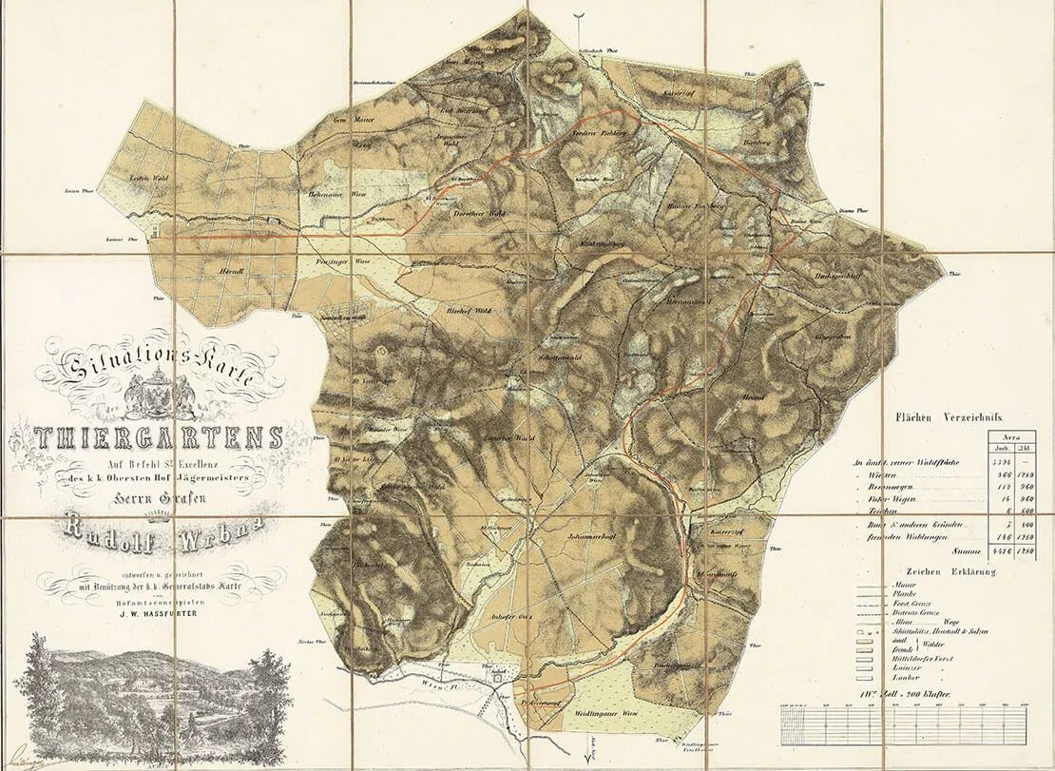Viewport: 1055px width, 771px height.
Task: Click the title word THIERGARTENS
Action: click(159, 438)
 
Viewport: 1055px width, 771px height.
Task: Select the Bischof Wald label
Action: click(468, 310)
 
